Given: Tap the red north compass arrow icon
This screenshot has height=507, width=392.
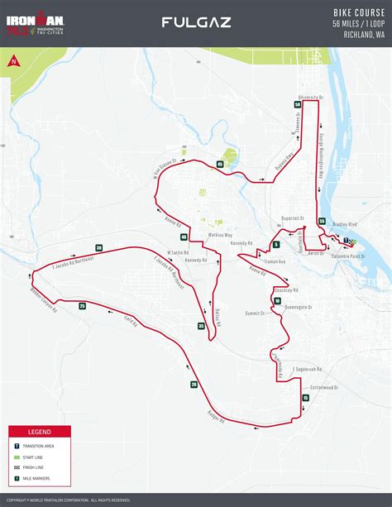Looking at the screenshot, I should click(x=14, y=60).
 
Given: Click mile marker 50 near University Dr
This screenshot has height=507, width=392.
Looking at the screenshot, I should click(x=297, y=104).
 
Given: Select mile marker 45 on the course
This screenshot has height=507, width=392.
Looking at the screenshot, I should click(x=220, y=165).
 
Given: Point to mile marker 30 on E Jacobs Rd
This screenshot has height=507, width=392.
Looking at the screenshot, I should click(x=98, y=248).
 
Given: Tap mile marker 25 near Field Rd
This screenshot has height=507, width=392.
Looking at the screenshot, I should click(x=82, y=306).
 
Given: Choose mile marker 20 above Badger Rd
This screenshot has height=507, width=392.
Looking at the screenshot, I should click(x=194, y=384).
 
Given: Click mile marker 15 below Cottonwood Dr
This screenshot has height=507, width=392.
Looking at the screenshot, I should click(x=305, y=398).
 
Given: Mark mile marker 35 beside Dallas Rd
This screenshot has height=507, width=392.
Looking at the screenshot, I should click(x=201, y=327).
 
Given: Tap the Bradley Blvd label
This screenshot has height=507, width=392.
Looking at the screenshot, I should click(x=347, y=224).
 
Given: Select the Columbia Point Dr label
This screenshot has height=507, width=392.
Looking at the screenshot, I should click(x=347, y=256).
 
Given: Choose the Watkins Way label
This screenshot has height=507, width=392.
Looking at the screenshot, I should click(x=218, y=235).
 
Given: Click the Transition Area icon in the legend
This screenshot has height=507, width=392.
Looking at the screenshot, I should click(x=17, y=446).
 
